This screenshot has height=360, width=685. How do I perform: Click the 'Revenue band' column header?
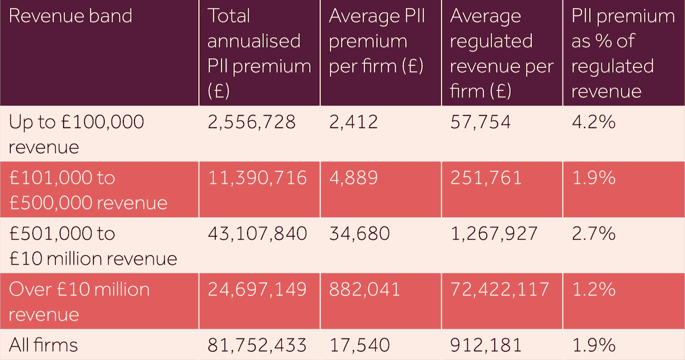coord(70,16)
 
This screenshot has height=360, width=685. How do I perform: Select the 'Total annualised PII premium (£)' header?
coord(259,53)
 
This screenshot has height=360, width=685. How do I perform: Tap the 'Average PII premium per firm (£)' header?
coord(377,41)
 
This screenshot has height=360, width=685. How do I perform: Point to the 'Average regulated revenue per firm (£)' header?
coord(501,53)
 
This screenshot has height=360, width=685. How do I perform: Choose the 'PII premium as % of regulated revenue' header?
coord(622,53)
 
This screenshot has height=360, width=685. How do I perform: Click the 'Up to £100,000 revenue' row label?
coord(76,134)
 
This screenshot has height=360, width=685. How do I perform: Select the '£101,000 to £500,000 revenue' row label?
coord(88,190)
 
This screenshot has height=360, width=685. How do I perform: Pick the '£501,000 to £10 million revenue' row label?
coord(93,246)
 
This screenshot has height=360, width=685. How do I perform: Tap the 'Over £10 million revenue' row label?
coord(79,301)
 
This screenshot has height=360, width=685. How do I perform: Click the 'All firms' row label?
coord(44,345)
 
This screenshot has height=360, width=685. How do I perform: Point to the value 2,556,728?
coord(251,122)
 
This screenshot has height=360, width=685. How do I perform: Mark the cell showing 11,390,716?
coord(257,178)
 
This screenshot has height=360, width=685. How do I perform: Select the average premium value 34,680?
coord(359,233)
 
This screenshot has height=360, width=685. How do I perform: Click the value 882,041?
coord(365,289)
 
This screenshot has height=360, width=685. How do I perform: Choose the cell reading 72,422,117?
coord(500,289)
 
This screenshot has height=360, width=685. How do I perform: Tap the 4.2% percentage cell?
coord(594,122)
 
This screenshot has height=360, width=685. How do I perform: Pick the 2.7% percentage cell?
coord(594,233)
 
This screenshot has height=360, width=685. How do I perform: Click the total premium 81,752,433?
coord(257,345)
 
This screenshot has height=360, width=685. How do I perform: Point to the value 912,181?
coord(485,345)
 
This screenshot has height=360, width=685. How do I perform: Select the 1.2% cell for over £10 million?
coord(594,289)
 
